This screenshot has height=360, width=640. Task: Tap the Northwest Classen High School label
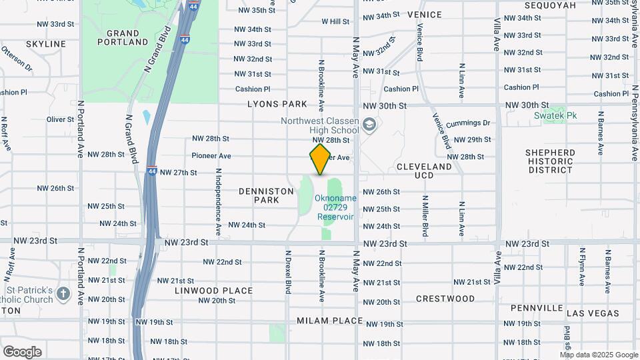319,125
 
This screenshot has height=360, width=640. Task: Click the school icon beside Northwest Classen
369,124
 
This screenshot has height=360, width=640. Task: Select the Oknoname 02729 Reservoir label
336,207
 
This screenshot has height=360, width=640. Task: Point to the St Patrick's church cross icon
63,294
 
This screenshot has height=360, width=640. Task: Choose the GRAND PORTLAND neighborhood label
123,37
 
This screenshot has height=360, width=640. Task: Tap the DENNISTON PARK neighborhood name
266,195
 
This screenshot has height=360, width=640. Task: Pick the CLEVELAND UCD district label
424,171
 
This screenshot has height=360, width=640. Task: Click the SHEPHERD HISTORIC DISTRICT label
550,161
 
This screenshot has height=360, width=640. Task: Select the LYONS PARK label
277,104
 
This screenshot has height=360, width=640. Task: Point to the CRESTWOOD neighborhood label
445,299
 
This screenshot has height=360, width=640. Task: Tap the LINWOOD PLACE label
214,291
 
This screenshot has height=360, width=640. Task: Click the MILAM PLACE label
329,321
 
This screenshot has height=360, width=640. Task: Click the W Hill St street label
335,21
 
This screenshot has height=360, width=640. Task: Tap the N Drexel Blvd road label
289,272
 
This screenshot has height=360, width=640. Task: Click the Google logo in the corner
22,351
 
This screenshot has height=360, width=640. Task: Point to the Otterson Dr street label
17,59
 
